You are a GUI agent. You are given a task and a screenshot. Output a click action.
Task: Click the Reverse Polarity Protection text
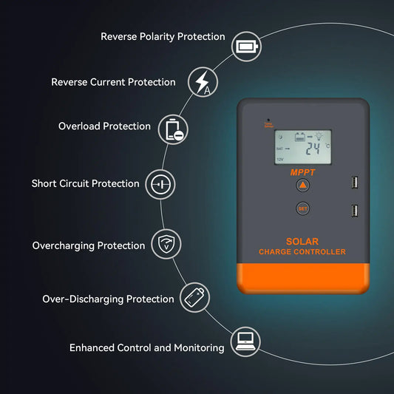pos(163,36)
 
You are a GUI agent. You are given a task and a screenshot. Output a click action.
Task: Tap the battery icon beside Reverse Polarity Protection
pos(245,48)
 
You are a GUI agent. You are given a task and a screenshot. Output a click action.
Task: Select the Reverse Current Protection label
pos(113,82)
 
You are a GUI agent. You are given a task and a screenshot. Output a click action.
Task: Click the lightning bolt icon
pos(202,81)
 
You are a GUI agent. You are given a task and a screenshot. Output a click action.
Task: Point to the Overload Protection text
pos(104,126)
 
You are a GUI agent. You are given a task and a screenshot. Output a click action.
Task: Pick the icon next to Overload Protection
pos(176,129)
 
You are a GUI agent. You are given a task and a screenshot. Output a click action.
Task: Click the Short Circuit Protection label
pos(85,183)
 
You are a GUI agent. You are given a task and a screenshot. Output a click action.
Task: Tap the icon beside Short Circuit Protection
pos(160,183)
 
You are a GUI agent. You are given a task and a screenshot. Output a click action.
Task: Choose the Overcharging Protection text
pos(89,245)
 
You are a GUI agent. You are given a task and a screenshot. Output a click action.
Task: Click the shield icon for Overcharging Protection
pos(166,243)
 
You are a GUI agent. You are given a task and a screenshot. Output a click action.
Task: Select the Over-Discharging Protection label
pos(109,299)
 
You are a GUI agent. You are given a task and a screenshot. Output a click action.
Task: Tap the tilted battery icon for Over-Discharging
pos(194,296)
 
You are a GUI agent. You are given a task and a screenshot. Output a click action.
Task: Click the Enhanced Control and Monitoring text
pos(146,347)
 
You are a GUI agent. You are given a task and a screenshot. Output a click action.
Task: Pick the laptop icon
pos(245,341)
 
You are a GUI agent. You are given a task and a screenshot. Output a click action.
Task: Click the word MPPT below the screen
pos(302,171)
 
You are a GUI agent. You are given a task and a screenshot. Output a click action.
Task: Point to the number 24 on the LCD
pos(313,148)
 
